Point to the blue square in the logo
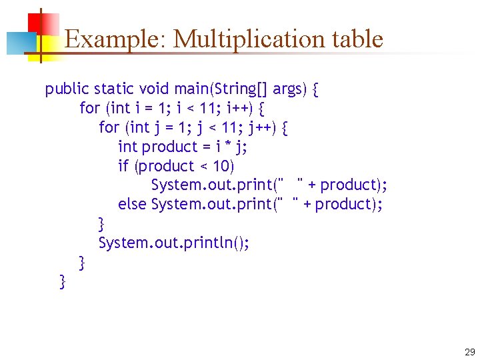[19, 43]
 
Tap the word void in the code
[154, 89]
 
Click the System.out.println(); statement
[174, 243]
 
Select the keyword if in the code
[124, 166]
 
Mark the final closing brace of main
[63, 282]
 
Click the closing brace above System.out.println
[101, 223]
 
